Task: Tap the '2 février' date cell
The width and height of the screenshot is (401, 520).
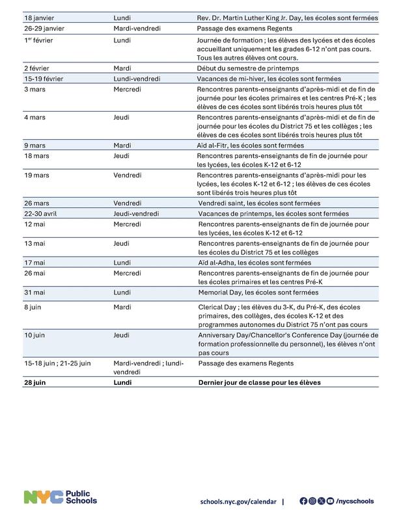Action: point(38,68)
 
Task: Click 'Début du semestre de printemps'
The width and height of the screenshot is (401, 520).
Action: point(247,68)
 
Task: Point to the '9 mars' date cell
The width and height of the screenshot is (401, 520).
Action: point(36,146)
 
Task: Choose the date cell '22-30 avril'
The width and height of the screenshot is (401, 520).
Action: point(44,213)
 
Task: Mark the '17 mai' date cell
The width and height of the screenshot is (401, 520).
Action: point(37,262)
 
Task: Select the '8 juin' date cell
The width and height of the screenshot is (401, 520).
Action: point(35,306)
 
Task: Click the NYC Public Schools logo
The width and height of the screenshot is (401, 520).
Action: point(61,498)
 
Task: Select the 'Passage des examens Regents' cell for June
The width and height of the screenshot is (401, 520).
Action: point(245,363)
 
